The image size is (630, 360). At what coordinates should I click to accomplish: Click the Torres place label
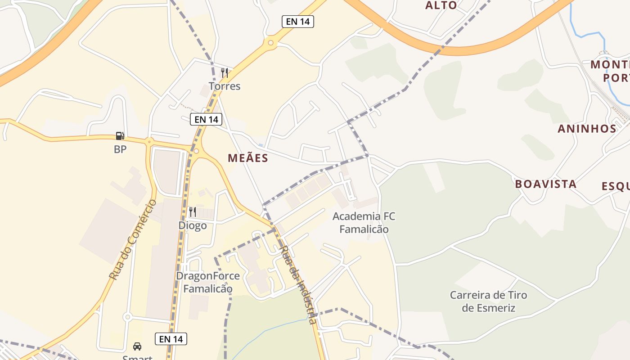225,86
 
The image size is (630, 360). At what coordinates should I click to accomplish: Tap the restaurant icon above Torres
224,72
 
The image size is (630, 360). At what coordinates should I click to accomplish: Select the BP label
120,149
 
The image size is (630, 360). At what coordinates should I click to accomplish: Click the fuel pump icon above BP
120,136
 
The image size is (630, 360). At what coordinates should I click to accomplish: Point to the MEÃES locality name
248,158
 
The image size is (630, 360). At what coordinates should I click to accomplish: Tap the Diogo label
193,225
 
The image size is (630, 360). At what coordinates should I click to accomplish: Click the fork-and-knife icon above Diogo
193,211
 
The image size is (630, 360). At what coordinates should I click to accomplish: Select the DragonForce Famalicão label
208,282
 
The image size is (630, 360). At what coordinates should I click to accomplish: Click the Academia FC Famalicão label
364,223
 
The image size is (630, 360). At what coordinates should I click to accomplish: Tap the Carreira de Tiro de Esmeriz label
489,301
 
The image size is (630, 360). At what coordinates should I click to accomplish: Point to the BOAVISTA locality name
545,184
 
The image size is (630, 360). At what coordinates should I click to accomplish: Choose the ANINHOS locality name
587,129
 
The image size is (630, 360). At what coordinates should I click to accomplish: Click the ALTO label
441,5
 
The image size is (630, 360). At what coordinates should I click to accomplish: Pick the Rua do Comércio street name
133,239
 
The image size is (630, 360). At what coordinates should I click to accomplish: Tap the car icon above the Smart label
137,346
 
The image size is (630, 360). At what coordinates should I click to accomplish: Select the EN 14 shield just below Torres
207,119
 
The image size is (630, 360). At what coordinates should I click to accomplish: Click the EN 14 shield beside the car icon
171,339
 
